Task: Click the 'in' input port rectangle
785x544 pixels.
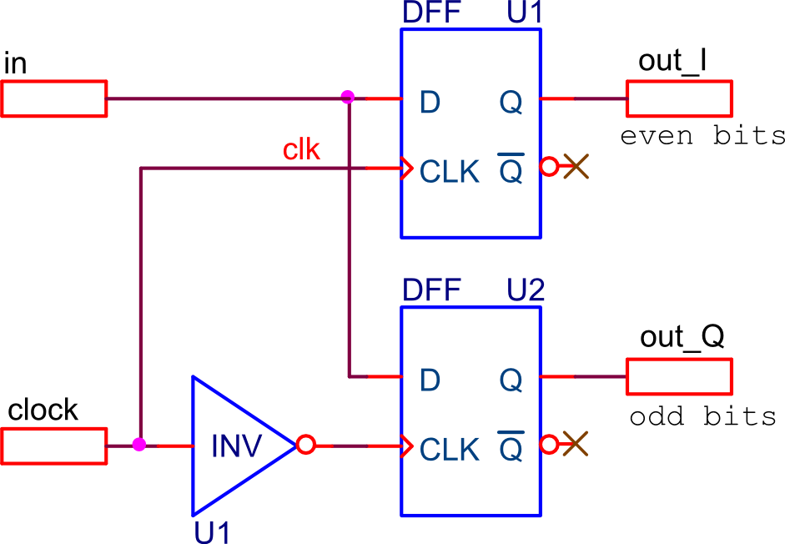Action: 54,98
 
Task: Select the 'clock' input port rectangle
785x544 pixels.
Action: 54,446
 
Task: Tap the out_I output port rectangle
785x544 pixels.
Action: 679,98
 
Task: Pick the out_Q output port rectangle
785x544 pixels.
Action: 679,376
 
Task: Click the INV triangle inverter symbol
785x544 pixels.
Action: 244,446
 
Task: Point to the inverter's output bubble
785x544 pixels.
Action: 305,445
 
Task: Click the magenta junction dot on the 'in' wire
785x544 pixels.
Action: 347,97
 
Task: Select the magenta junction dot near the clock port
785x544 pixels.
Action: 139,445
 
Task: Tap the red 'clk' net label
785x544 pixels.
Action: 301,150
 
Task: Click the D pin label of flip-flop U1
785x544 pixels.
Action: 430,102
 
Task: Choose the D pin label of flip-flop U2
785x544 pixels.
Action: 430,380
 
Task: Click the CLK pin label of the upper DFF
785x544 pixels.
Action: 449,172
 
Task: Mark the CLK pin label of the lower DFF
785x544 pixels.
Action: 449,450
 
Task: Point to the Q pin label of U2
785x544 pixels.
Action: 511,380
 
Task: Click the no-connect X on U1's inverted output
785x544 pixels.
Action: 576,166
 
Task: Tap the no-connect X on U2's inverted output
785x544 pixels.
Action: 576,444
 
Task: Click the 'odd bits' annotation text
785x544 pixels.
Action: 703,416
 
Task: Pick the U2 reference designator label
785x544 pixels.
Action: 526,290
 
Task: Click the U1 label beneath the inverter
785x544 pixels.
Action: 212,532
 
